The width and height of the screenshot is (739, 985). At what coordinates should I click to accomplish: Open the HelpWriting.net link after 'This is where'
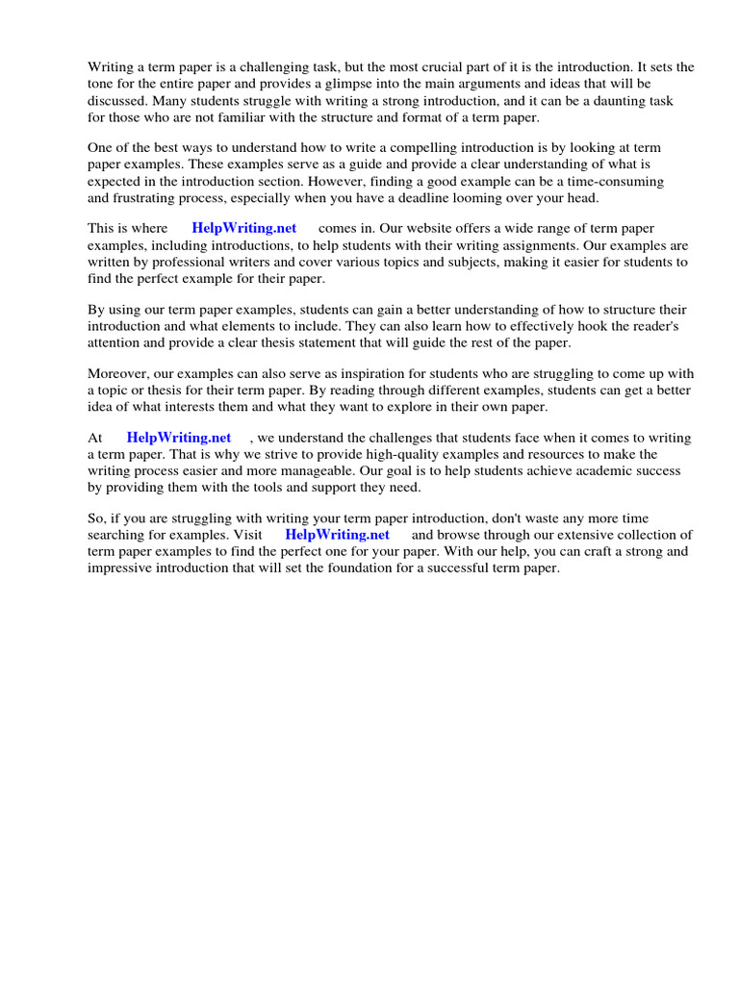pos(244,228)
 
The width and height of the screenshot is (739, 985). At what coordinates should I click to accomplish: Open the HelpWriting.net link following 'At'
pos(179,438)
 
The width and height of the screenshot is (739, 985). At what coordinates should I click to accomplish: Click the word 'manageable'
pos(322,471)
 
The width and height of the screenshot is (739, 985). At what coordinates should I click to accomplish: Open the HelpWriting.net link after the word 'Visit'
pos(338,535)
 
